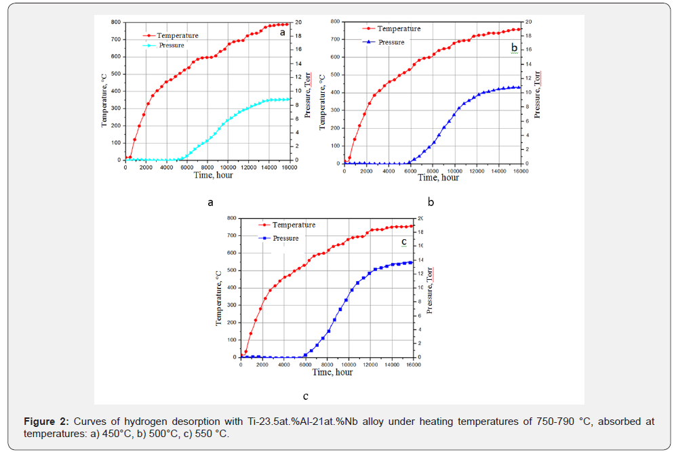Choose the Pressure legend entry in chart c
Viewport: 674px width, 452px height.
point(285,238)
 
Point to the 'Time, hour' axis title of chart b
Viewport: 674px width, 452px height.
point(438,178)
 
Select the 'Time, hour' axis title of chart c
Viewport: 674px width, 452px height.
point(332,372)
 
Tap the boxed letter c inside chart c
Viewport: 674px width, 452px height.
point(403,241)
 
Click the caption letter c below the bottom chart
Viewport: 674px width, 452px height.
point(306,396)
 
